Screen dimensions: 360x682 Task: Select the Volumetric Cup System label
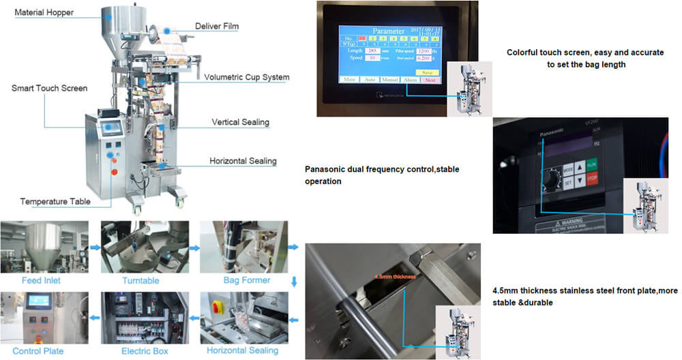click(246, 77)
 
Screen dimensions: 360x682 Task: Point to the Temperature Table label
click(55, 202)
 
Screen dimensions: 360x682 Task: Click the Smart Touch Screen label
click(49, 88)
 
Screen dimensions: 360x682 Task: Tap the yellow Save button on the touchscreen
click(427, 72)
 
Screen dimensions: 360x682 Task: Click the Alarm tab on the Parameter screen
click(410, 80)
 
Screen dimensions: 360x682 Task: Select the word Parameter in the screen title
click(389, 31)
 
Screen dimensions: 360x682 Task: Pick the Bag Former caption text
click(246, 280)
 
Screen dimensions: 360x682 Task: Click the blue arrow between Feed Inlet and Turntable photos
click(95, 246)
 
